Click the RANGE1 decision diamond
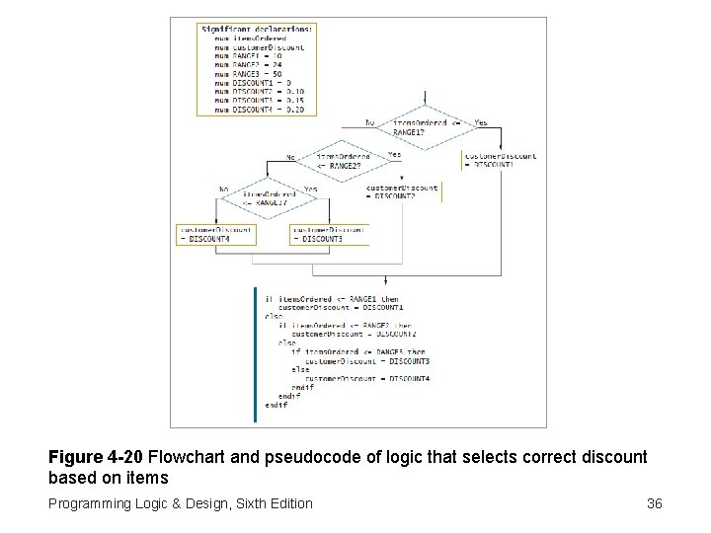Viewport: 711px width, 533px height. point(424,126)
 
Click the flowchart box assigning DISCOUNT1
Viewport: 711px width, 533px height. point(499,160)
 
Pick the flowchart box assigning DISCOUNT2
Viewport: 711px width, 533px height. point(402,191)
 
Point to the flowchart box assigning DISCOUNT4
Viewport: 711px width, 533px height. point(215,234)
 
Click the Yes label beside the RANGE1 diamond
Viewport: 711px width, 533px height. point(481,122)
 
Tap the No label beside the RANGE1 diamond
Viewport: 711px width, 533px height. point(369,122)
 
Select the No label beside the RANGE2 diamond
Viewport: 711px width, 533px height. point(290,157)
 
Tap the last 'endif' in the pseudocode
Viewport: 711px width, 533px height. point(276,406)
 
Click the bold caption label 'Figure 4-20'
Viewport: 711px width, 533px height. point(97,458)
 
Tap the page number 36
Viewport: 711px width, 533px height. point(654,503)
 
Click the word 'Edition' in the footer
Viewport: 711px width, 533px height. point(285,503)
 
